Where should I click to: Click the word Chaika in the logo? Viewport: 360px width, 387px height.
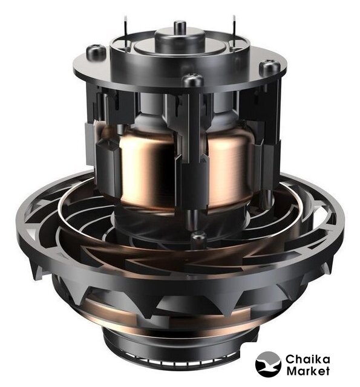click(307, 359)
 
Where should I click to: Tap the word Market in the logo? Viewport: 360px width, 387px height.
click(307, 371)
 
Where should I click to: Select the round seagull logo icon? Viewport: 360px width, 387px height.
click(268, 364)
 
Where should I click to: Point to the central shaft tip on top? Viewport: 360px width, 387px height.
click(180, 25)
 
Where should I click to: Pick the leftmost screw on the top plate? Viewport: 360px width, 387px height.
click(96, 52)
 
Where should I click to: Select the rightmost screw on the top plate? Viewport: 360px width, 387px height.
click(269, 67)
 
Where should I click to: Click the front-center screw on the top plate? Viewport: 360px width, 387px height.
click(193, 80)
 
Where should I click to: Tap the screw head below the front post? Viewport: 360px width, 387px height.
click(198, 237)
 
